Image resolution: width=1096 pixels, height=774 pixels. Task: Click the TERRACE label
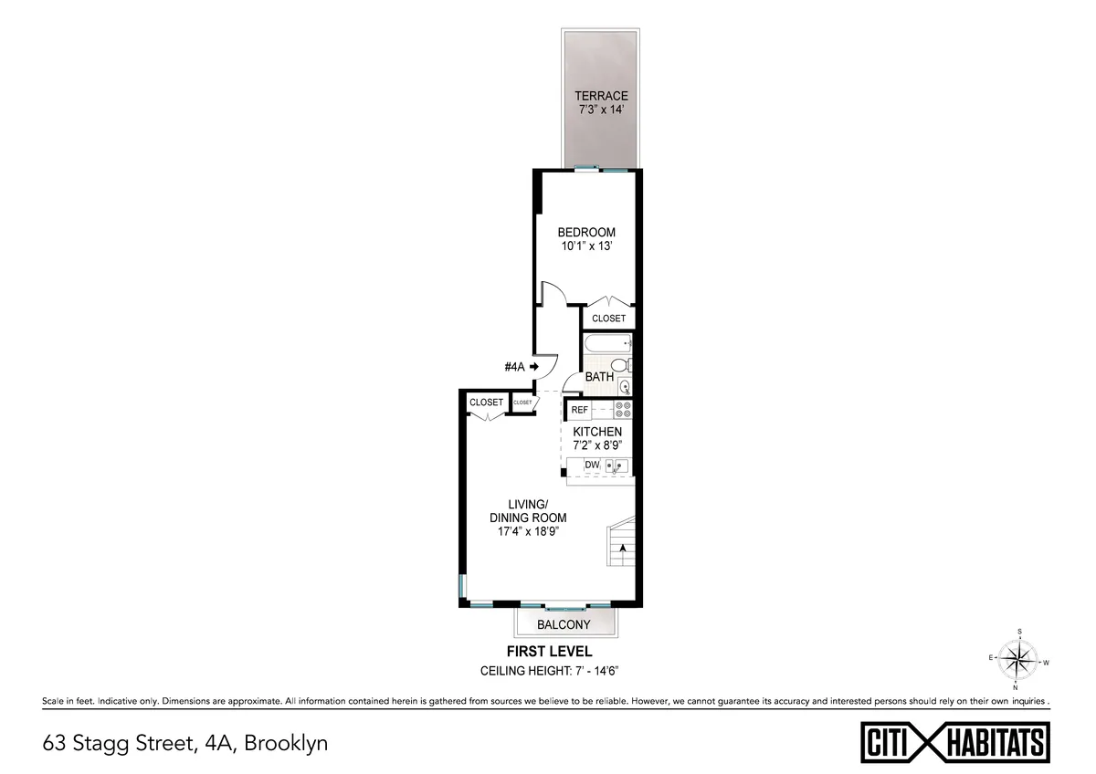tap(601, 96)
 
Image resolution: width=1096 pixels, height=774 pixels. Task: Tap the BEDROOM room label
tap(586, 233)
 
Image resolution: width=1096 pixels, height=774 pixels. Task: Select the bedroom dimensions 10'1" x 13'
tap(586, 246)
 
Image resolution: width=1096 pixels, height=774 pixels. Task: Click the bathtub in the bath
tap(607, 345)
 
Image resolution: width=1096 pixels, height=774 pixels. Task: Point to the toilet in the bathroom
tap(620, 366)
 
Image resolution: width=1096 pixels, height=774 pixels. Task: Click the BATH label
tap(599, 377)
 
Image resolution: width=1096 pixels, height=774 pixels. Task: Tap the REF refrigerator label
tap(580, 410)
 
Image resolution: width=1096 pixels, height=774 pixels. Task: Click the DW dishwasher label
tap(592, 465)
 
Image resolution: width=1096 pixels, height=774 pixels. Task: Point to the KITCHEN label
tap(597, 432)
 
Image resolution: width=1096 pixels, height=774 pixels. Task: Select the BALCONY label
tap(563, 625)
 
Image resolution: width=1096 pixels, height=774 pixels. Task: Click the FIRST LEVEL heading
tap(549, 652)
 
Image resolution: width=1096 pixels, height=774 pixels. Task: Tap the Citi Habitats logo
tap(955, 741)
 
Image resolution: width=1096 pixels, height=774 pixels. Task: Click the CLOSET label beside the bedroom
tap(608, 319)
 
